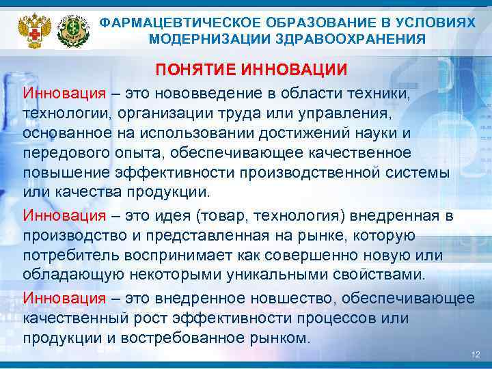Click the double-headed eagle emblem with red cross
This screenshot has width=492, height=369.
pyautogui.click(x=30, y=28)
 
